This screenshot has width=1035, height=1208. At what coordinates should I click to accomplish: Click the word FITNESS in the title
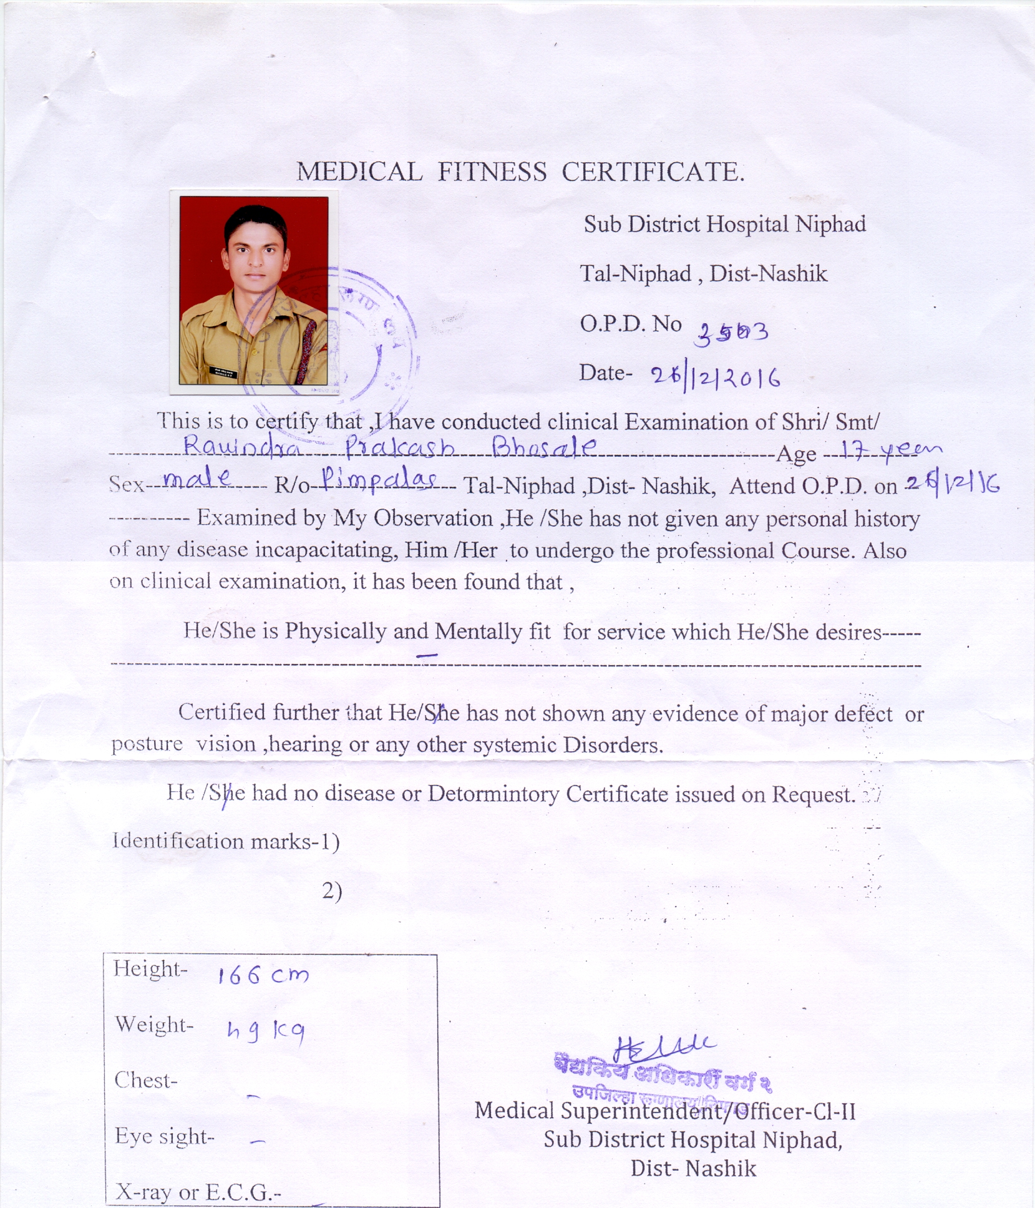[492, 172]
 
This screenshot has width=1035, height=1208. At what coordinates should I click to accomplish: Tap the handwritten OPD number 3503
[732, 331]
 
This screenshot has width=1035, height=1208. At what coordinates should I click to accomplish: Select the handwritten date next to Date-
[715, 377]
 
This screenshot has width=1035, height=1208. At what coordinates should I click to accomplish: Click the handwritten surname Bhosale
[544, 447]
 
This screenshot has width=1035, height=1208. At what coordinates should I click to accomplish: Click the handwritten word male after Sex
[197, 480]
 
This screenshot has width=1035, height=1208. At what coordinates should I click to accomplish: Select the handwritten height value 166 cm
[263, 975]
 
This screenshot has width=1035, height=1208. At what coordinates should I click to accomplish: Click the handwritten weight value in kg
[265, 1033]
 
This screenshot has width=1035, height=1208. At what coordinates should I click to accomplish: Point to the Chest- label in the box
[146, 1080]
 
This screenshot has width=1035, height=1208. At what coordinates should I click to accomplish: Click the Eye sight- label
[165, 1136]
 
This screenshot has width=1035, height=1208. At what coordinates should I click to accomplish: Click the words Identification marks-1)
[226, 842]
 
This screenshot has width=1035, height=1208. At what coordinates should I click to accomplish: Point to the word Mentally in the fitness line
[478, 631]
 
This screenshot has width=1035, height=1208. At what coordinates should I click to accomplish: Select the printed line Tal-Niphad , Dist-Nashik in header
[704, 273]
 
